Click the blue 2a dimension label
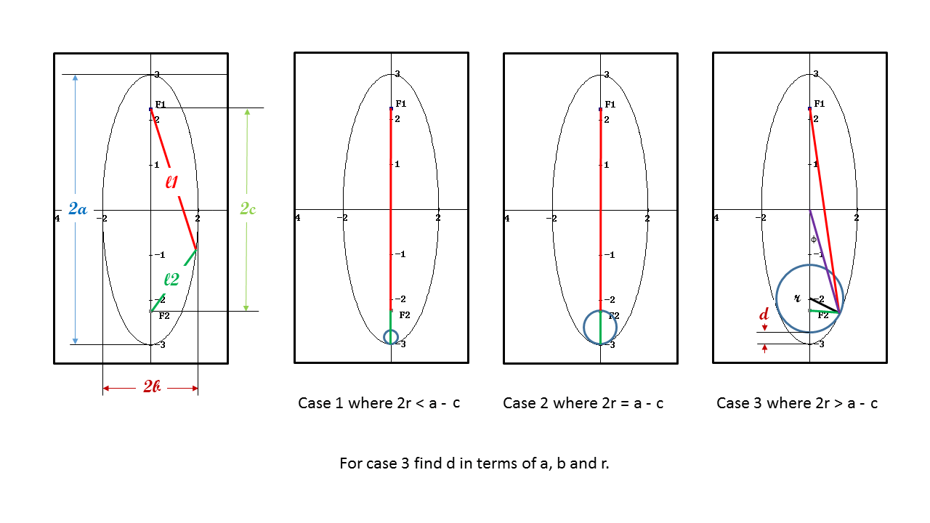coord(77,209)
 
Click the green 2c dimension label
coord(248,209)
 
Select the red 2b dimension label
coord(151,387)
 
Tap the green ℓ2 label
coord(171,279)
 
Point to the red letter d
coord(764,315)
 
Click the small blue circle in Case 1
coord(391,337)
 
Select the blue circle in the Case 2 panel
coord(600,327)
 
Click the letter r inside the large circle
coord(797,298)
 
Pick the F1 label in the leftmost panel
coord(161,105)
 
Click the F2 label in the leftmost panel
coord(163,315)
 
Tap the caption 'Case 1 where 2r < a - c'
coord(379,403)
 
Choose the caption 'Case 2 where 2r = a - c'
coord(583,403)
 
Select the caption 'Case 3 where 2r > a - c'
coord(796,403)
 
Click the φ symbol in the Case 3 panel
coord(814,239)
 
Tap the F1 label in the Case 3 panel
coord(820,104)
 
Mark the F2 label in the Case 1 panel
coord(404,315)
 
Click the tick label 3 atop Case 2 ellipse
coord(606,74)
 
